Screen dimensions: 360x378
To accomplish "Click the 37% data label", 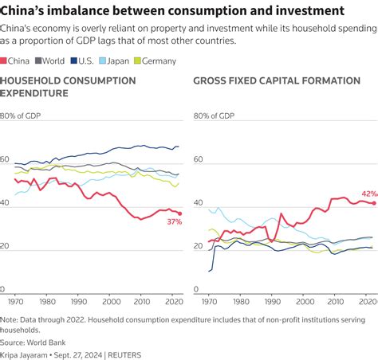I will (x=174, y=222).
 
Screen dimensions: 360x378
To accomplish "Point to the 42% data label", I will (x=369, y=194).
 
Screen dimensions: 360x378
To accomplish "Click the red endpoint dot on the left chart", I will (x=180, y=213).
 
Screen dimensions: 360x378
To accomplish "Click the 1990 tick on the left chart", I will (x=77, y=303).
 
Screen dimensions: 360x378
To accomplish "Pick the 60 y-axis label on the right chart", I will (x=199, y=160).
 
